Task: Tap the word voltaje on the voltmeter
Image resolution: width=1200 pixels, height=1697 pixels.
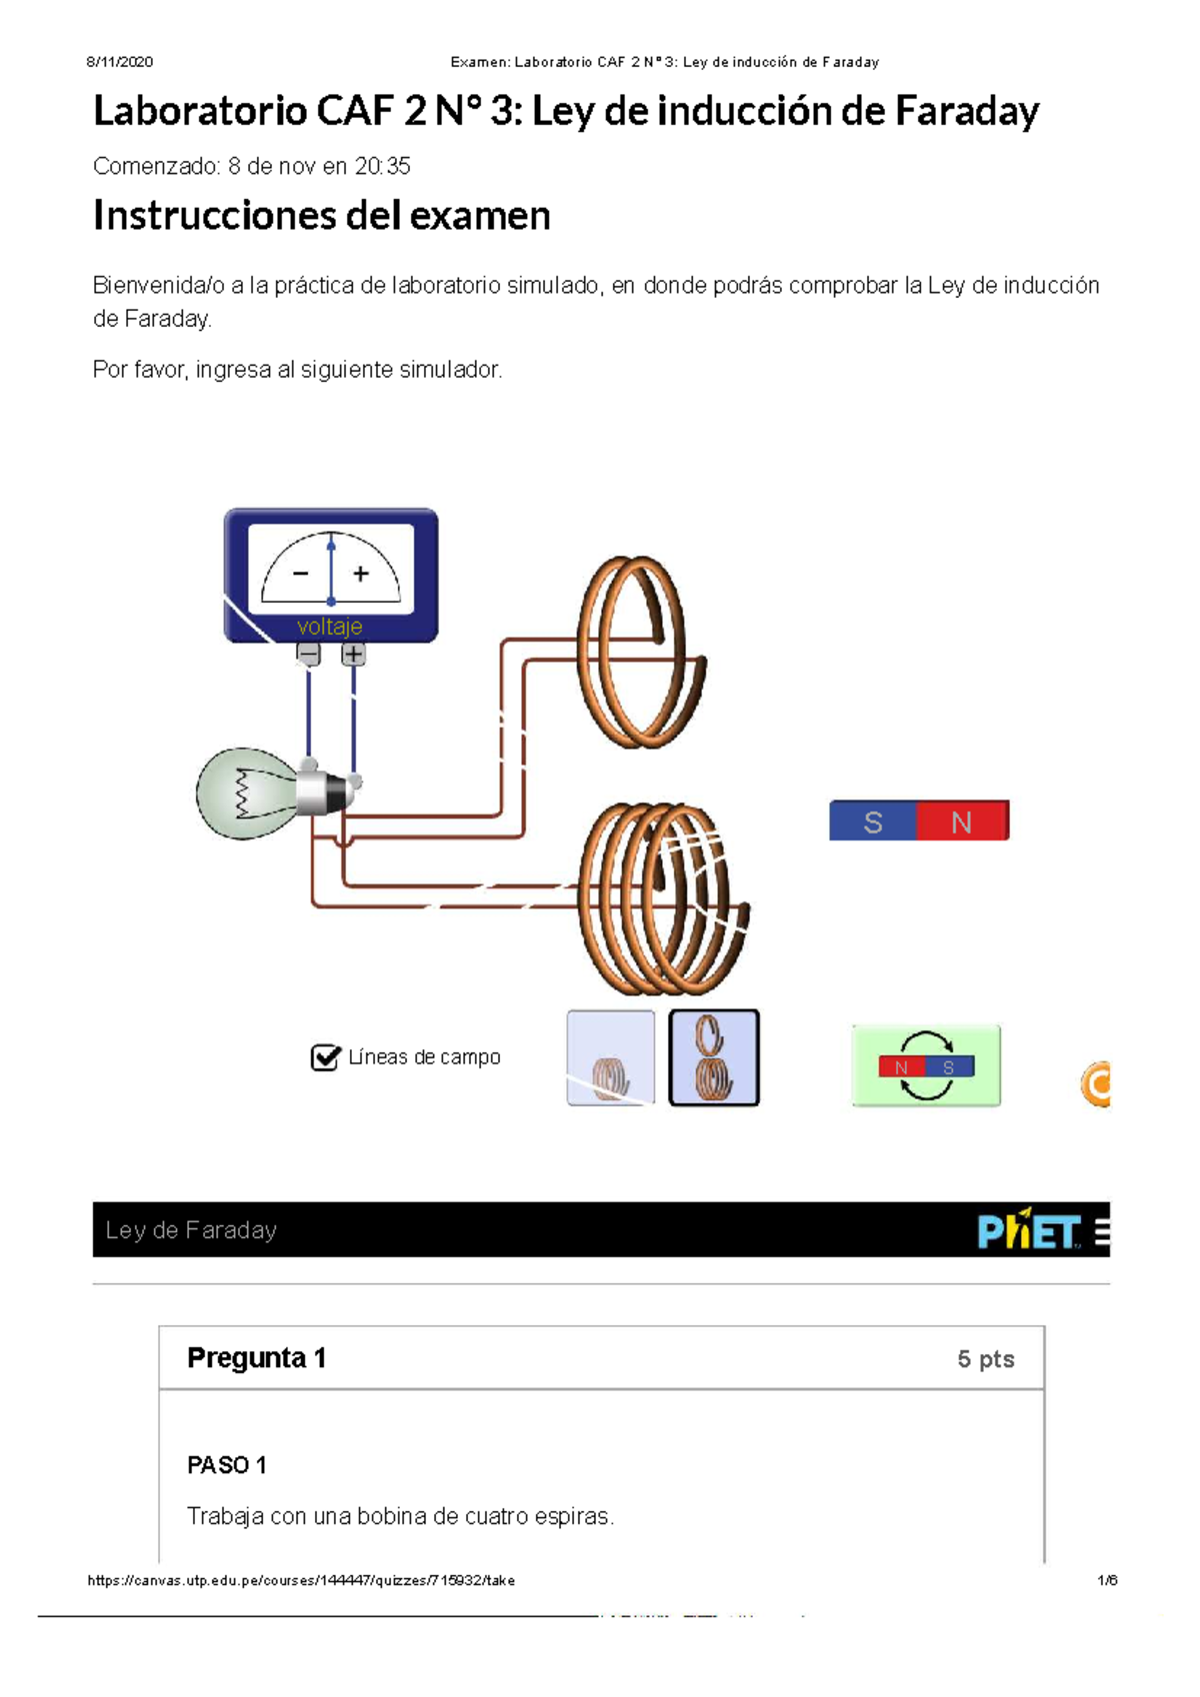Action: [x=329, y=627]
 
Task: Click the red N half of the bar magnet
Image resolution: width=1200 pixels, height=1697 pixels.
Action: [x=962, y=822]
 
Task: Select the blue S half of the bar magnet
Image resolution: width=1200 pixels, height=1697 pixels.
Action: [x=872, y=822]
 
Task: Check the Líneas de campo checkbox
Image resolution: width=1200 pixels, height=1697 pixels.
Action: [x=325, y=1057]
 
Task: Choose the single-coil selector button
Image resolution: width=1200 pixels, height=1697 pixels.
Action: [x=610, y=1057]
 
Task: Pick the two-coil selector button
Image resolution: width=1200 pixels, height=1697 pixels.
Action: [x=713, y=1057]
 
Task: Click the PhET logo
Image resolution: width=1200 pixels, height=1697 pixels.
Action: [x=1028, y=1231]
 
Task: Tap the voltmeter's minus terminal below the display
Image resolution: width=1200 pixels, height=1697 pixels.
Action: [x=308, y=655]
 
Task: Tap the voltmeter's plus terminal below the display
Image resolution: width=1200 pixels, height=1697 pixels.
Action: [x=353, y=655]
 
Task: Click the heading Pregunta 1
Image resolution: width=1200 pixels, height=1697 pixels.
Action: [x=256, y=1357]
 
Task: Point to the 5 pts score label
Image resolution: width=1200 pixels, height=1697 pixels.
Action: [x=985, y=1359]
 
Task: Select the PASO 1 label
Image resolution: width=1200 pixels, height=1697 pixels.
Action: [x=227, y=1465]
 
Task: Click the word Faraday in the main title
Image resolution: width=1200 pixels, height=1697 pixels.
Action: [x=966, y=111]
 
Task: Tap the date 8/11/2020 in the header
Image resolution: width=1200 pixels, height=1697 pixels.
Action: [x=119, y=62]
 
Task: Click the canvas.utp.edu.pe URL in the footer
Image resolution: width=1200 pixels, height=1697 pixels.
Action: [x=301, y=1580]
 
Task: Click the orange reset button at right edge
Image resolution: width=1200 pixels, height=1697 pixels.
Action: [x=1097, y=1084]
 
